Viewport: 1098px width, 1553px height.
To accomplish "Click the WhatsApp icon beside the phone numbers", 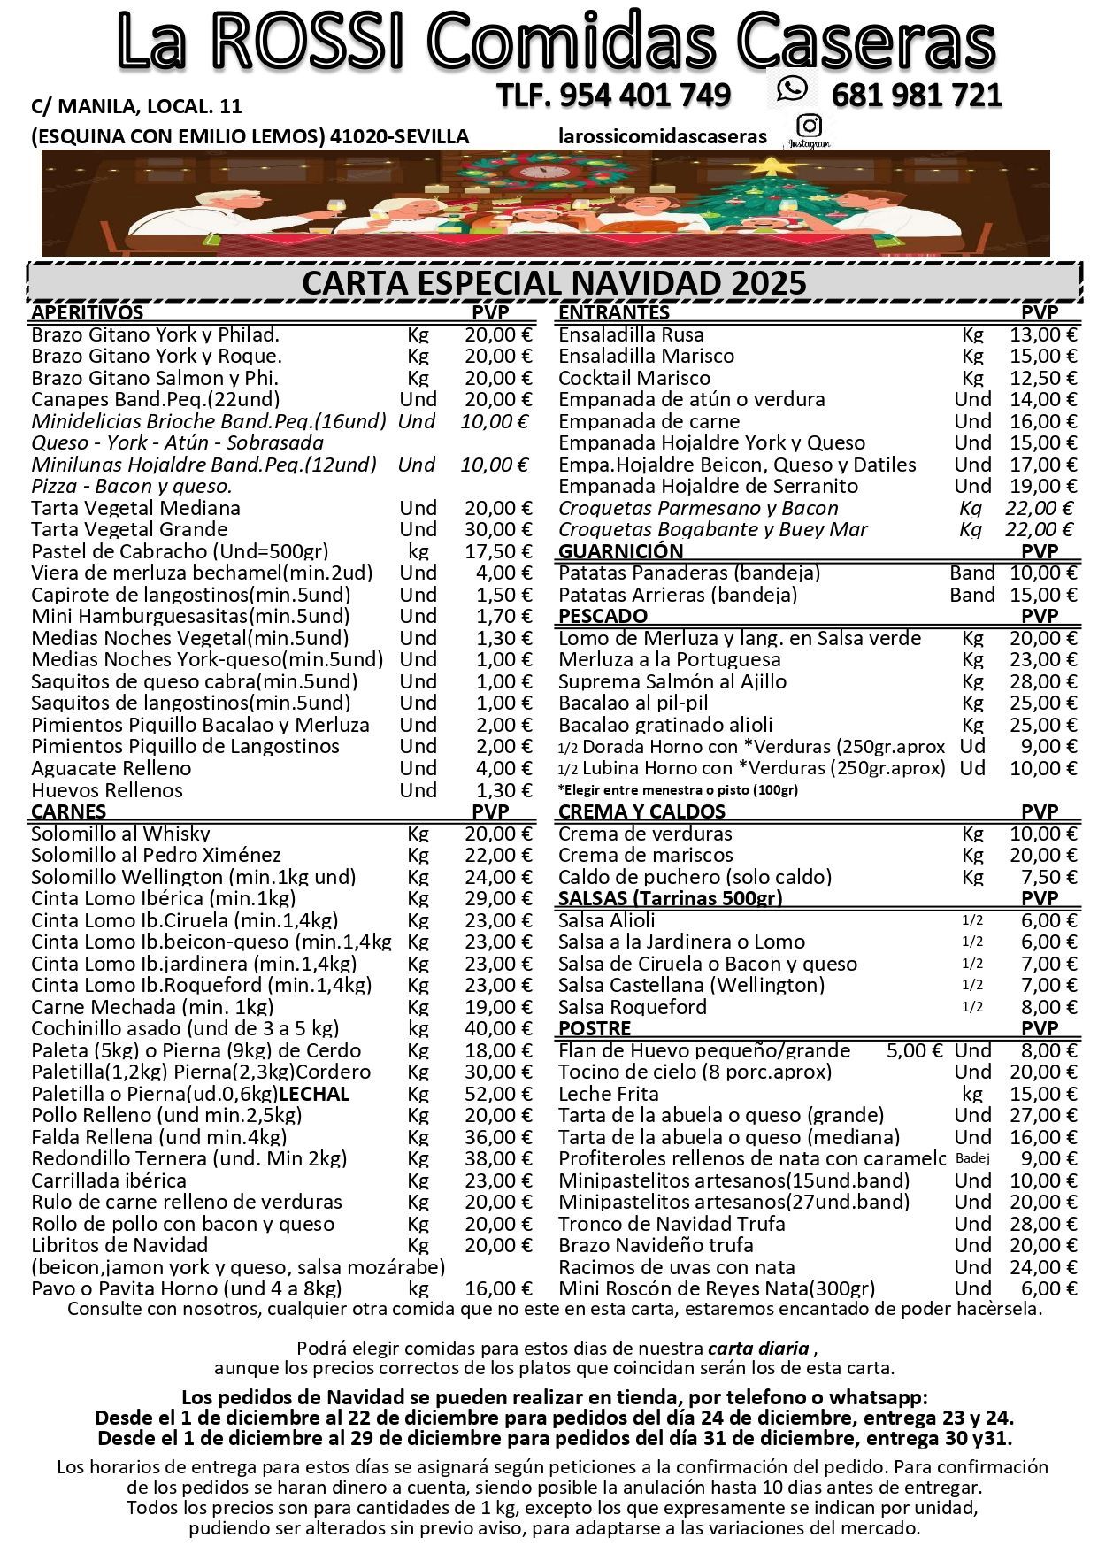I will tap(792, 88).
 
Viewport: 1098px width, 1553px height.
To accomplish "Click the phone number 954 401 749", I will tap(614, 95).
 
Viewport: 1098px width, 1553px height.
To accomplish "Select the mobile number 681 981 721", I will tap(917, 95).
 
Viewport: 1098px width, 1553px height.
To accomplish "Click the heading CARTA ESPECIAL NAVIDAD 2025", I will tap(554, 283).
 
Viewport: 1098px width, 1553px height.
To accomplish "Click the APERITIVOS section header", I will tap(87, 312).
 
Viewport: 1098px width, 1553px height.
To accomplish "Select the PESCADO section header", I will tap(603, 616).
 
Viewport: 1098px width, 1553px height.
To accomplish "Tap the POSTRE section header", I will tap(595, 1028).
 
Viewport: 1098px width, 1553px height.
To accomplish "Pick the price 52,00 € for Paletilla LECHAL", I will tap(498, 1094).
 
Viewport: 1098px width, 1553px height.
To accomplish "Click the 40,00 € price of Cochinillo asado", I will tap(498, 1028).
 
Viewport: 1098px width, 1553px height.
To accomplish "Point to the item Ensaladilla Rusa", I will tap(631, 334).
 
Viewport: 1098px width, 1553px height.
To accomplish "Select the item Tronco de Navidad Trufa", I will tap(672, 1224).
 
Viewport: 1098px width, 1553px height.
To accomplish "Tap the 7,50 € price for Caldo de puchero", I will tap(1048, 877).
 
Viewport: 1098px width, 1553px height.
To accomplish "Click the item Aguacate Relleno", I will tap(111, 768).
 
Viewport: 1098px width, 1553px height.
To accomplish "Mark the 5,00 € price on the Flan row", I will tap(914, 1050).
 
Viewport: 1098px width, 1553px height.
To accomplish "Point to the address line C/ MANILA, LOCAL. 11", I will tap(136, 107).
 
